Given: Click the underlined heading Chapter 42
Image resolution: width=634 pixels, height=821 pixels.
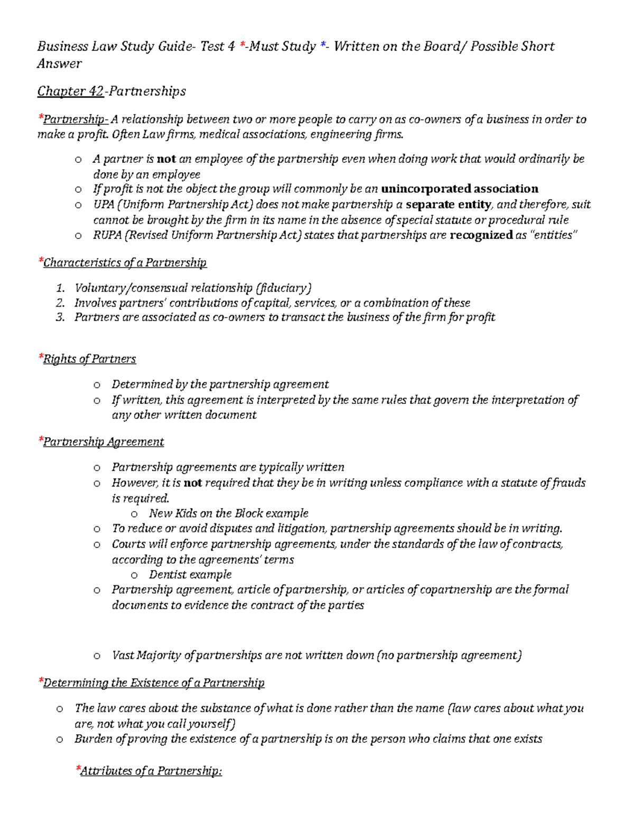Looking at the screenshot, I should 70,91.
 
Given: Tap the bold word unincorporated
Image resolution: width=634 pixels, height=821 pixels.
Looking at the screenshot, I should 426,189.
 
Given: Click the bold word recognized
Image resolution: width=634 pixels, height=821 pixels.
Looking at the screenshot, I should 481,235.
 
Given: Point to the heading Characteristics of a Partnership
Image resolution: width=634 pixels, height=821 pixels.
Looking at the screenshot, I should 125,263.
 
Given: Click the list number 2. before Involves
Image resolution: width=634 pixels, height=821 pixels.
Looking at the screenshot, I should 60,303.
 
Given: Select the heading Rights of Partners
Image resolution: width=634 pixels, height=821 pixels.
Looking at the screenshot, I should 89,359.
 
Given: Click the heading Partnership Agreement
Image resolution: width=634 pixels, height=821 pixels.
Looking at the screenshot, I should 104,442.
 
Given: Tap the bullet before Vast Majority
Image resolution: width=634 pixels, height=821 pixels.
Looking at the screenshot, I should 97,656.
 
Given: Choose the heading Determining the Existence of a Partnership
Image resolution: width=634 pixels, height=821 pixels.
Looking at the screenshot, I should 154,683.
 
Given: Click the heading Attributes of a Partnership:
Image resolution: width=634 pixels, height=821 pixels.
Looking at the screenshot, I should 151,771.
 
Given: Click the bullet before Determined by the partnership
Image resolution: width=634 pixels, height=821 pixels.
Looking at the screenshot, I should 97,385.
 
